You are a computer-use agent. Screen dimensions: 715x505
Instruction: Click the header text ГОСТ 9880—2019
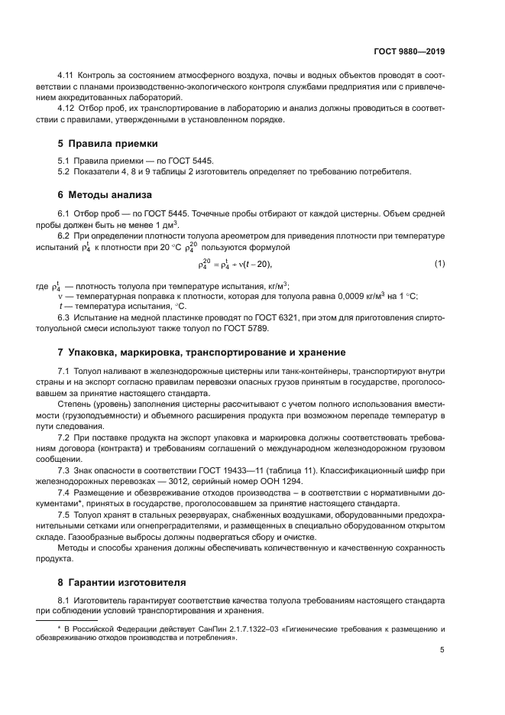[410, 51]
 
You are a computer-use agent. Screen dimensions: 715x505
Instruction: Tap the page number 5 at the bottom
[442, 651]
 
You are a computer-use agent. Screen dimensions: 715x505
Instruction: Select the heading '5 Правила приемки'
[108, 143]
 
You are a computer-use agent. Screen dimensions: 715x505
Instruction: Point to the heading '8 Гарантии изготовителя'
[121, 582]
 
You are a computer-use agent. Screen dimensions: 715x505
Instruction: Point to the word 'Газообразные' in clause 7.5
[86, 538]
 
